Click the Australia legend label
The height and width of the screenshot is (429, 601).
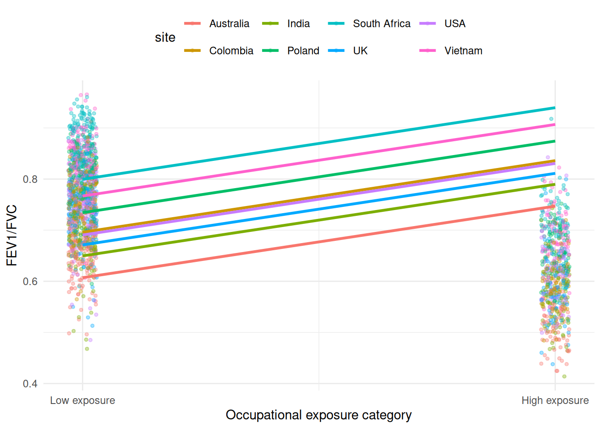(x=229, y=24)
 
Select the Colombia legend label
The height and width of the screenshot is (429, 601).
(x=231, y=51)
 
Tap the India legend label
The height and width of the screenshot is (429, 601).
(x=298, y=24)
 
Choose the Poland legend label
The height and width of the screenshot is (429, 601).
(x=303, y=51)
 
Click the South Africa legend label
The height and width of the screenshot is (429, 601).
(x=381, y=24)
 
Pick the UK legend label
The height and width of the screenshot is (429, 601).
(x=360, y=51)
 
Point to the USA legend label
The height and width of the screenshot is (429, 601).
(x=455, y=24)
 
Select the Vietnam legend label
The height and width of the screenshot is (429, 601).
(x=463, y=51)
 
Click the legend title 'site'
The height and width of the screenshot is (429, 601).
(x=165, y=38)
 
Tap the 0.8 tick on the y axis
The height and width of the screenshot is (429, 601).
(x=30, y=179)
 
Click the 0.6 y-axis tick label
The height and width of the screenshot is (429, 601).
(x=30, y=282)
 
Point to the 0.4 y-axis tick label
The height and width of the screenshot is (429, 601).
(x=30, y=384)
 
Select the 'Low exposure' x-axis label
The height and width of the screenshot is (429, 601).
(x=82, y=400)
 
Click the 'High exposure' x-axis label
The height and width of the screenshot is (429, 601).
(x=555, y=400)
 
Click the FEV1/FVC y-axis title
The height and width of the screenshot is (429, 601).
(x=12, y=236)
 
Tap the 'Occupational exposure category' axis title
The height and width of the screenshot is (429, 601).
(x=318, y=415)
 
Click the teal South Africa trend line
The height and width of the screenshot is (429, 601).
(x=319, y=143)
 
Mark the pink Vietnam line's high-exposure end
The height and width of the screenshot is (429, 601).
(x=554, y=125)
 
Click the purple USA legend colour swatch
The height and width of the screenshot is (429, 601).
(x=427, y=24)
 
